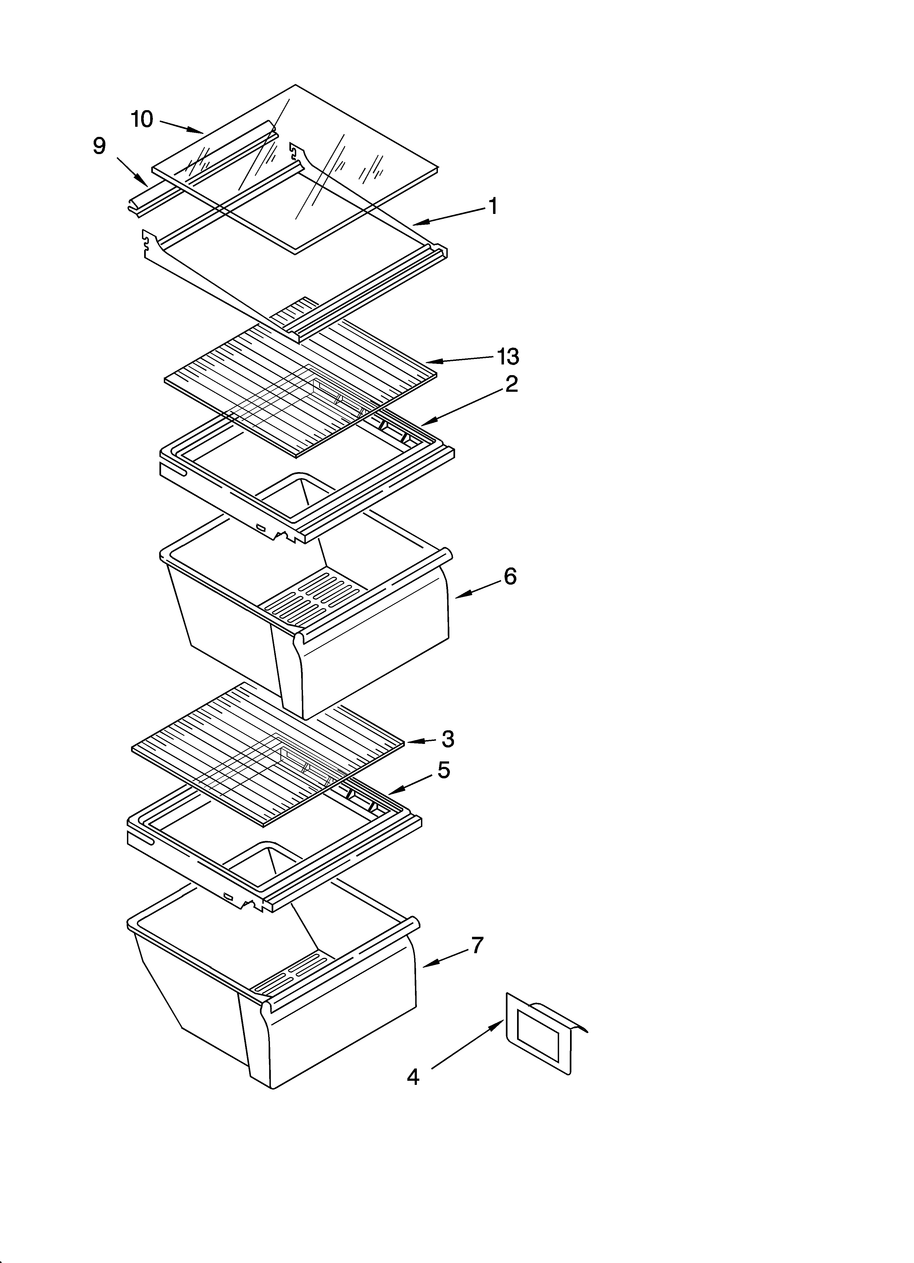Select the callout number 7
pyautogui.click(x=477, y=946)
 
